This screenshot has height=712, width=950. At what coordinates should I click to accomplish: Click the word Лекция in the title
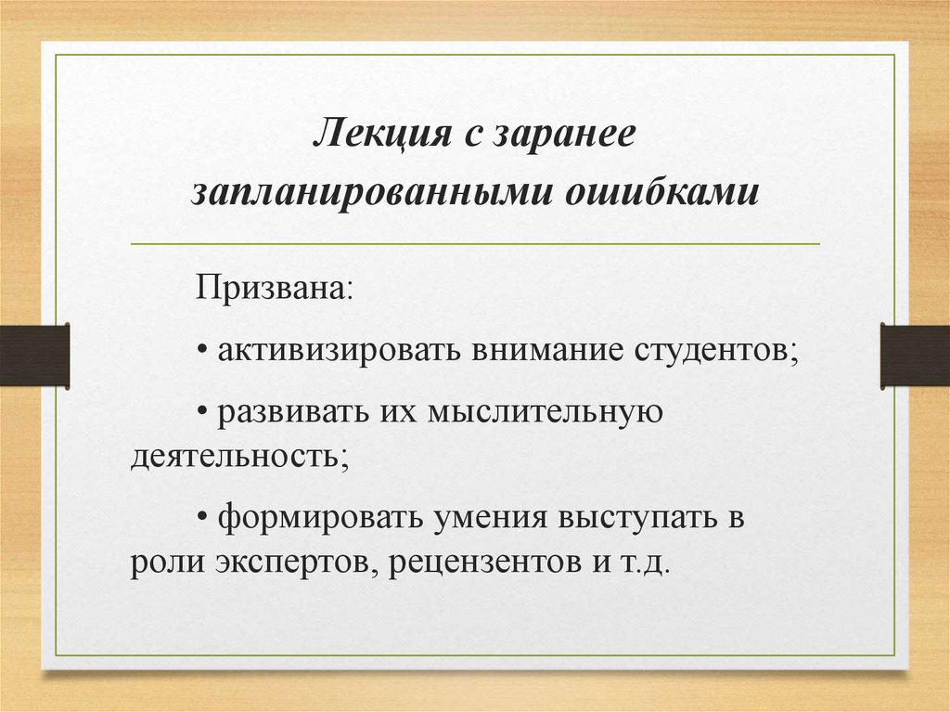[373, 133]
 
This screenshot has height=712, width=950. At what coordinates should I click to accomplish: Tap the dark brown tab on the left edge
[34, 356]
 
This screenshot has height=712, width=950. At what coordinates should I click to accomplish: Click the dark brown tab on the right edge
[915, 356]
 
